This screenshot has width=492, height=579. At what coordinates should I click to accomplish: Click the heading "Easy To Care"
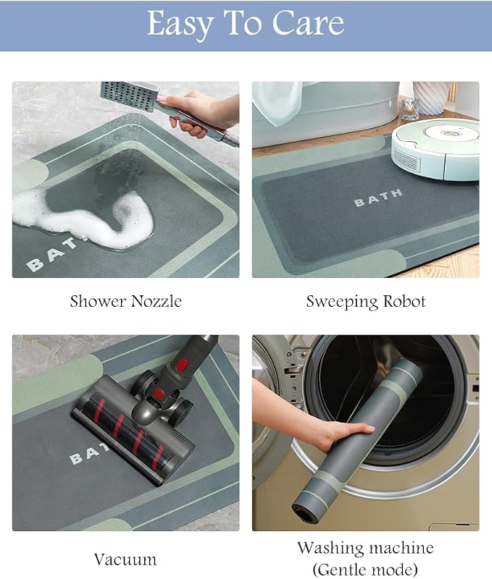click(246, 23)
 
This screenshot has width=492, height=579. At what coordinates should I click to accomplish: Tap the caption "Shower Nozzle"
click(126, 301)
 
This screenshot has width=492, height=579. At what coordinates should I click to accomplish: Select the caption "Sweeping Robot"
click(366, 302)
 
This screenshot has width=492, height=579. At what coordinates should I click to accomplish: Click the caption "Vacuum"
click(125, 559)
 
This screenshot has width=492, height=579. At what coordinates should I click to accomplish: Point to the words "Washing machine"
click(366, 548)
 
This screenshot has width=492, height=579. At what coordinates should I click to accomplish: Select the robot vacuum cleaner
click(436, 149)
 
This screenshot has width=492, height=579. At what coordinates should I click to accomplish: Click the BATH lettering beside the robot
click(378, 198)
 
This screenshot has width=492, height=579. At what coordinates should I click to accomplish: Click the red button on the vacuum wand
click(180, 365)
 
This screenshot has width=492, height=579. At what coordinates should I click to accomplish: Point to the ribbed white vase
click(432, 98)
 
